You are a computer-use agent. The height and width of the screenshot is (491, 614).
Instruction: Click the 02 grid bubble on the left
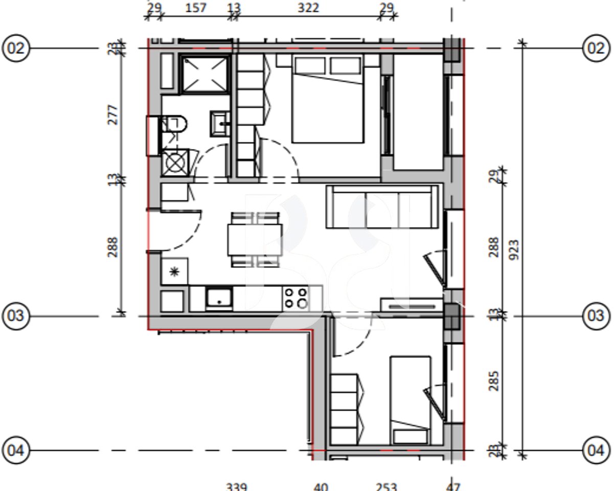pos(16,49)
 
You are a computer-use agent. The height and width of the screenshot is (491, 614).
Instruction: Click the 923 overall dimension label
pos(514,250)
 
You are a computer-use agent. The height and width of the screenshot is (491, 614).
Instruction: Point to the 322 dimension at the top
pos(308,8)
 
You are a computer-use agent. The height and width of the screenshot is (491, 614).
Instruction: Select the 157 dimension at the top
pos(195,8)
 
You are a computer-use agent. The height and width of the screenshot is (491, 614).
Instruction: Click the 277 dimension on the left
pos(113,115)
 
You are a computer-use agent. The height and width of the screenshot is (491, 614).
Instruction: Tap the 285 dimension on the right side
pos(493,381)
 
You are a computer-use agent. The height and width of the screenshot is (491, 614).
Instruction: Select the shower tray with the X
pos(204,75)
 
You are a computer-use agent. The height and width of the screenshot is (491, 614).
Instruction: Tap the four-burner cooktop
pos(297,298)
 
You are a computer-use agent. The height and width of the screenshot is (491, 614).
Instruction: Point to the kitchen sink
pos(219,299)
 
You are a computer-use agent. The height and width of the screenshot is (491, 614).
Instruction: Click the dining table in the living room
pos(255,239)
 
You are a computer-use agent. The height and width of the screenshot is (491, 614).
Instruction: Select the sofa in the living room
pos(382,207)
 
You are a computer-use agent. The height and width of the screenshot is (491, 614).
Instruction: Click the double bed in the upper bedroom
pos(327,100)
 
